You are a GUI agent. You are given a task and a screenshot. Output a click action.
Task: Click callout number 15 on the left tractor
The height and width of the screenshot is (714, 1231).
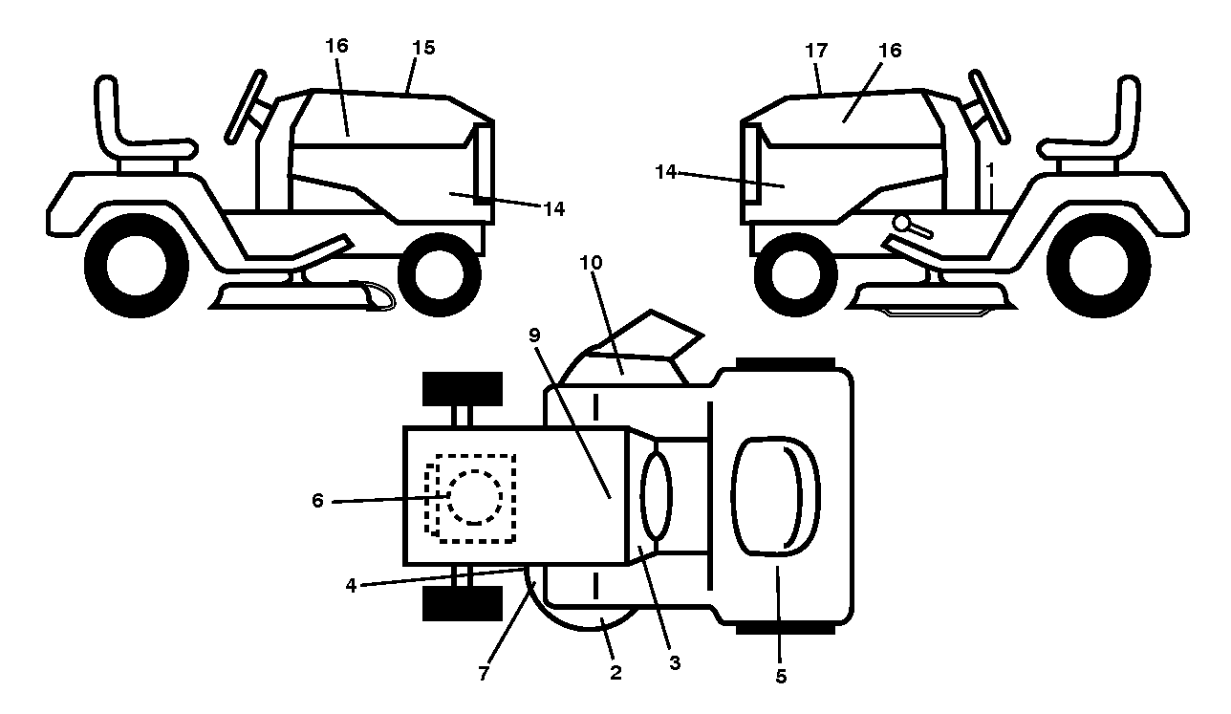(423, 48)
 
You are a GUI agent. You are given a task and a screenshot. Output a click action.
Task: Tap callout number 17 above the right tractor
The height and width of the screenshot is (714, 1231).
(816, 51)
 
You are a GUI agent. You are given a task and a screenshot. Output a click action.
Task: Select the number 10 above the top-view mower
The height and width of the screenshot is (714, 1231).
(591, 263)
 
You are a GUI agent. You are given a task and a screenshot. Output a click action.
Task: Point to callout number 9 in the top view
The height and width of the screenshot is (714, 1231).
(534, 335)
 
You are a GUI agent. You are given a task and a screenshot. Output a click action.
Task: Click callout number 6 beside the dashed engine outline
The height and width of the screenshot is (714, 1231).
(317, 500)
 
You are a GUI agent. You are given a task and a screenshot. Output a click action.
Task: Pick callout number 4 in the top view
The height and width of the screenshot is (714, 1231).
(351, 585)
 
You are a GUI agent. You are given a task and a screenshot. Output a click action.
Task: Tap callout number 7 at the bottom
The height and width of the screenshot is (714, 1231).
(483, 673)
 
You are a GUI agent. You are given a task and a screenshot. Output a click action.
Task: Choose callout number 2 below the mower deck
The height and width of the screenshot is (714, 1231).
(615, 672)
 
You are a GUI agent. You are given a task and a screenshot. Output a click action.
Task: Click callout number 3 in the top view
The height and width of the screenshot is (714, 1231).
(675, 663)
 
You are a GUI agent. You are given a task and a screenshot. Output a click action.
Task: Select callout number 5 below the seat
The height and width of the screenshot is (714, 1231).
(781, 676)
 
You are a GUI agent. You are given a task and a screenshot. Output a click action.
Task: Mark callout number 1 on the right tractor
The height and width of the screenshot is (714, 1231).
(990, 170)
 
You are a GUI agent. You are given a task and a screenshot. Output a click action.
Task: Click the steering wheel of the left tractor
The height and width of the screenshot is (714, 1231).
(245, 107)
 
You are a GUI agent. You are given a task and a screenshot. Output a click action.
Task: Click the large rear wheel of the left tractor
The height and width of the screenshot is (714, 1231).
(137, 266)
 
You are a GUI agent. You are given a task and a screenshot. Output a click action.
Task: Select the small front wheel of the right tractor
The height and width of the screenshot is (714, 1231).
(796, 274)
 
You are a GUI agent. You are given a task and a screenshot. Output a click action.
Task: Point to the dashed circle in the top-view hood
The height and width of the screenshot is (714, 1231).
(475, 497)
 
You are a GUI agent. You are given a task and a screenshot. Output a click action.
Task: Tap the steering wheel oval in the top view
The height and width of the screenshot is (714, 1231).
(657, 496)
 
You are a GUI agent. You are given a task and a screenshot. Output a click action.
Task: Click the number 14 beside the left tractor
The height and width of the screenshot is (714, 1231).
(553, 209)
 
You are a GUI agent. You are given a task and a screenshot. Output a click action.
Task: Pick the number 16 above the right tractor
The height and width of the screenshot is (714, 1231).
(890, 51)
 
